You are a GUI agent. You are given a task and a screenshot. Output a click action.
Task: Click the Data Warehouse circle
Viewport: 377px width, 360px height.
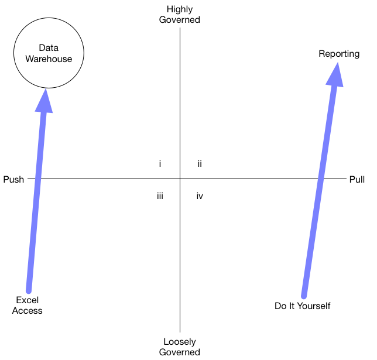[49, 53]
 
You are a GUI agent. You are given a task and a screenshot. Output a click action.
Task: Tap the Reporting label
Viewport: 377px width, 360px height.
[339, 54]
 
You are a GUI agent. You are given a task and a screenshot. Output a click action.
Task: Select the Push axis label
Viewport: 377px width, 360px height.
[13, 179]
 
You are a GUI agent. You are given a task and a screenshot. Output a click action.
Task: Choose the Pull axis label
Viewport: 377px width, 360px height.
[357, 179]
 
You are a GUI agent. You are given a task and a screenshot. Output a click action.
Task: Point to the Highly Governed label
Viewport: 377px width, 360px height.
[180, 15]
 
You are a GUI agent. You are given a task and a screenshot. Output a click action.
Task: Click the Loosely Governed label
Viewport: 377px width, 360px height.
[180, 347]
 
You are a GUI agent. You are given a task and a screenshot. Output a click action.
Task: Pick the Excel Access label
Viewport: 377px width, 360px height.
[28, 306]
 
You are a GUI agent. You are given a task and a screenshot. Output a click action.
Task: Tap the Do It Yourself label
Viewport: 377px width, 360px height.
[303, 306]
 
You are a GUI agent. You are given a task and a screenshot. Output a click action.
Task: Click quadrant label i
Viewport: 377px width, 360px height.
[160, 164]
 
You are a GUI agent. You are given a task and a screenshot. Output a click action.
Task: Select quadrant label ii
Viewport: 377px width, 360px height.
[200, 164]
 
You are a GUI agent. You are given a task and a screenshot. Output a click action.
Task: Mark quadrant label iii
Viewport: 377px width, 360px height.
[160, 196]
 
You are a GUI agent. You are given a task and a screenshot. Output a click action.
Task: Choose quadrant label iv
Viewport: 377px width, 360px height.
[200, 196]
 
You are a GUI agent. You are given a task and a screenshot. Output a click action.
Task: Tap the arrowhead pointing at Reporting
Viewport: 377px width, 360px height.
[335, 75]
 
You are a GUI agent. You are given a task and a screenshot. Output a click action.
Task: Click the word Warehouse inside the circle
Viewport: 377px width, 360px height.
[49, 59]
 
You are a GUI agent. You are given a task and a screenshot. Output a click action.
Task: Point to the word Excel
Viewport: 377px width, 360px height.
[28, 300]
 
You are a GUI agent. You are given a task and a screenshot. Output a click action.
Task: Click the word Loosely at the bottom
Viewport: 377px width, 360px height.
[180, 342]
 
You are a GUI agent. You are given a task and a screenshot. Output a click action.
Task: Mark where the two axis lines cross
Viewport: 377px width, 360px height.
[180, 179]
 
